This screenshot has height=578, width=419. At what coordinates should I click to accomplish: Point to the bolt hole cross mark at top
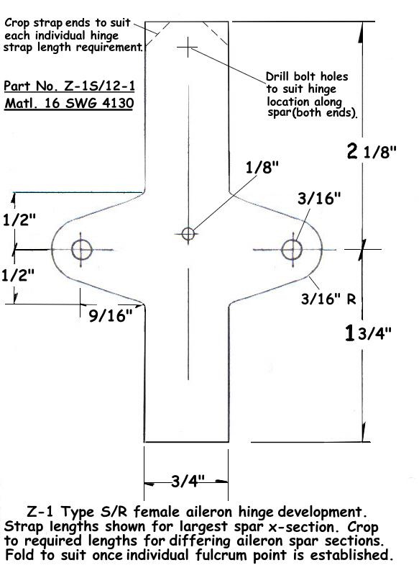click(188, 47)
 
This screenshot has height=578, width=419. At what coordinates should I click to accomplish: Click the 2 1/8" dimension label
click(372, 151)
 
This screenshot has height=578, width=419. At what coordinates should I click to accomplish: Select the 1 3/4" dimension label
click(368, 333)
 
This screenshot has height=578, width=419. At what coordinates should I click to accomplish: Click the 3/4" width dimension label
click(188, 481)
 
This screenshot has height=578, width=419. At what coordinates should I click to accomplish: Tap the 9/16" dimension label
click(111, 315)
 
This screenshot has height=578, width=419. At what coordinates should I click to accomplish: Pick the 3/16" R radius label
click(328, 299)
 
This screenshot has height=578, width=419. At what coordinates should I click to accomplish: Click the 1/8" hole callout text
click(262, 168)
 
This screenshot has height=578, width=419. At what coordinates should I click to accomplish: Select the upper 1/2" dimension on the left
click(19, 220)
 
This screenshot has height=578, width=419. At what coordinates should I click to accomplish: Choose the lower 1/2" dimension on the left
click(19, 275)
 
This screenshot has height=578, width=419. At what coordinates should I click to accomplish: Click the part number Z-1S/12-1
click(69, 86)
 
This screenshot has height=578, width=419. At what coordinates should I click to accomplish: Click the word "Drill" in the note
click(278, 76)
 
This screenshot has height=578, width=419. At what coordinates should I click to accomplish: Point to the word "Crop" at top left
click(17, 23)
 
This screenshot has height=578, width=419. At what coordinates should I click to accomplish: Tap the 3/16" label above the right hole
click(319, 199)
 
